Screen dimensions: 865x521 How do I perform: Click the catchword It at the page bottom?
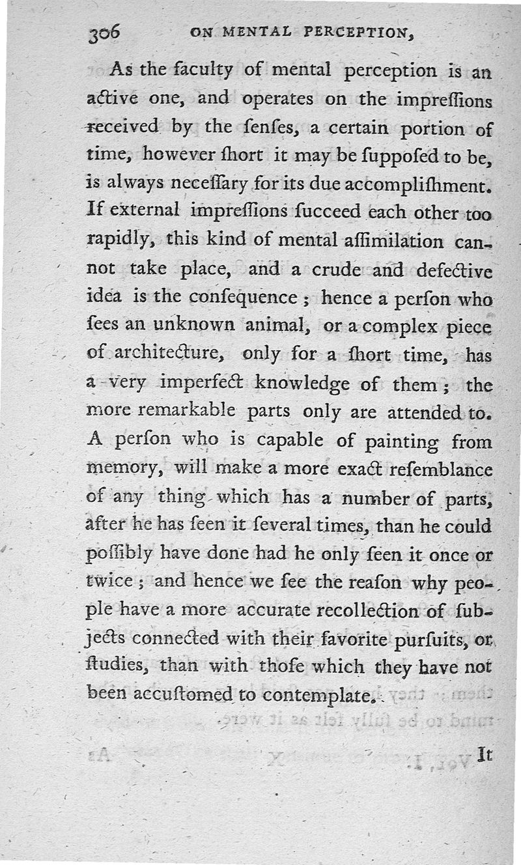[483, 754]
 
